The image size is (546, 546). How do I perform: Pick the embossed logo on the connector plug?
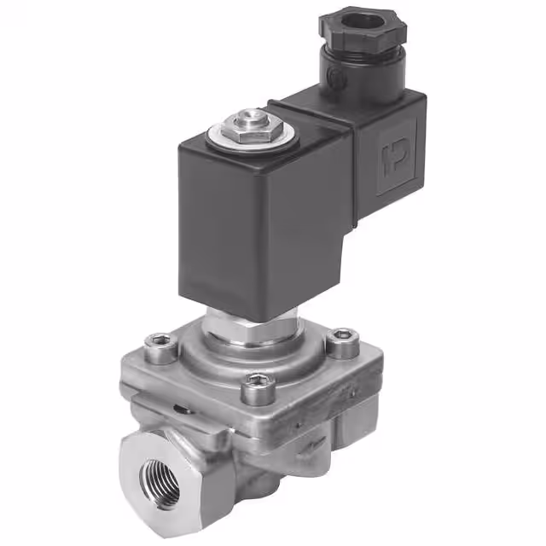(393, 160)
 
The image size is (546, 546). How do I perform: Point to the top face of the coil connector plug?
(350, 107)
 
